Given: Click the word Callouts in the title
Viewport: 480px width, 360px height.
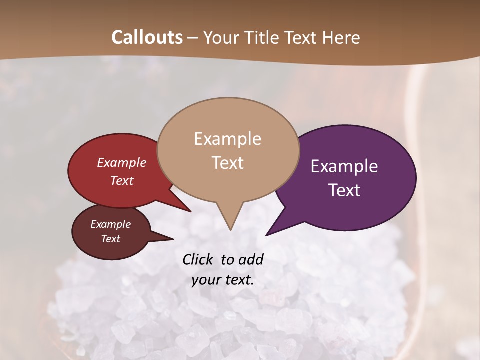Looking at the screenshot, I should [147, 37].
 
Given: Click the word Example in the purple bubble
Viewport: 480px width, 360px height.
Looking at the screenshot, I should [344, 166].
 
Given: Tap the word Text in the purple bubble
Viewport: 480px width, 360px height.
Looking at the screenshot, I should [344, 190].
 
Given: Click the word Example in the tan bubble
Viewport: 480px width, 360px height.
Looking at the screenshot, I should [227, 139].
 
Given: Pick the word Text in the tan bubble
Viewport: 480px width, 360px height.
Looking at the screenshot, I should [227, 163].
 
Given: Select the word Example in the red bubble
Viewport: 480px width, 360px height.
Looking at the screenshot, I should [121, 162].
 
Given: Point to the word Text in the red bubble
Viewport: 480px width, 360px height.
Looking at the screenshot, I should [121, 180].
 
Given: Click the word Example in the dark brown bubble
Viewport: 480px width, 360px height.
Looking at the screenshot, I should [110, 224].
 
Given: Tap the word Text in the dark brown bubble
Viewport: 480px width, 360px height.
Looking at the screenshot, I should [110, 239].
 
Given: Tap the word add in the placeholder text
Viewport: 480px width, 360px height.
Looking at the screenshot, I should [251, 259].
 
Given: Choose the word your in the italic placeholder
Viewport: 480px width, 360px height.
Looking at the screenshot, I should [206, 280].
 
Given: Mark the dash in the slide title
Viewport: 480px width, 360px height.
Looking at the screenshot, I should [193, 38].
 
